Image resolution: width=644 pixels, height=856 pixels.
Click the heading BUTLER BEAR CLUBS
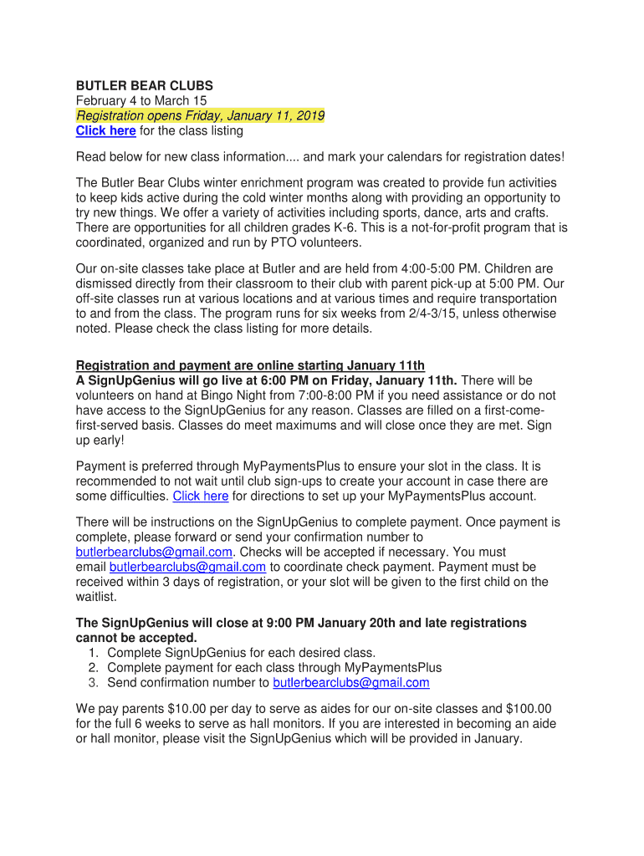145,85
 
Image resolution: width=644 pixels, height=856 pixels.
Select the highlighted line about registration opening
200,115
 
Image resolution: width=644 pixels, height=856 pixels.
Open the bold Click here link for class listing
105,130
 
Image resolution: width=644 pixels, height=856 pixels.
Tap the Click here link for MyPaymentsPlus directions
200,496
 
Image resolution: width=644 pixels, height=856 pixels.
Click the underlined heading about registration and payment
250,365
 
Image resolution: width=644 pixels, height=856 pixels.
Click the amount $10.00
191,709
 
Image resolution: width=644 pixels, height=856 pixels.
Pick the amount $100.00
529,709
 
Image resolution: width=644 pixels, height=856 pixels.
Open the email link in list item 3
351,683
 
